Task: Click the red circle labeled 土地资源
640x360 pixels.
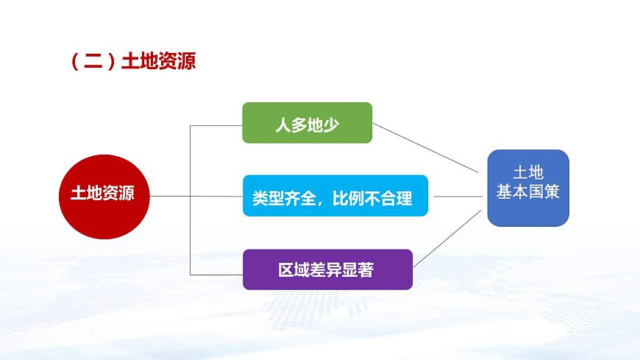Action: pyautogui.click(x=104, y=197)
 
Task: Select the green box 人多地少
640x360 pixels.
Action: pyautogui.click(x=307, y=123)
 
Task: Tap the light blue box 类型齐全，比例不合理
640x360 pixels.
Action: pyautogui.click(x=335, y=196)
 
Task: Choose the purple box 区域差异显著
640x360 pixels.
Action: pyautogui.click(x=328, y=269)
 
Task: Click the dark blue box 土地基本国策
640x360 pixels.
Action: pyautogui.click(x=528, y=188)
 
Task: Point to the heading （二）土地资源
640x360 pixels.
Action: pyautogui.click(x=132, y=61)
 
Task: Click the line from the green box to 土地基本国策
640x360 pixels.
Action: pyautogui.click(x=425, y=148)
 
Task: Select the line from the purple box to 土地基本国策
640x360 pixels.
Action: pyautogui.click(x=447, y=239)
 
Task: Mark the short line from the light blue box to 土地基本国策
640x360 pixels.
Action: pyautogui.click(x=458, y=197)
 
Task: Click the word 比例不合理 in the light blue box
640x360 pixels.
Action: pyautogui.click(x=372, y=199)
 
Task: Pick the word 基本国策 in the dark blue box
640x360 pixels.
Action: pyautogui.click(x=527, y=191)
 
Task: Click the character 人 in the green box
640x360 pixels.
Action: pyautogui.click(x=283, y=125)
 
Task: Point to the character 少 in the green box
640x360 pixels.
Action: pyautogui.click(x=331, y=125)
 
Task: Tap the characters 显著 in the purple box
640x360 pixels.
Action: pyautogui.click(x=358, y=269)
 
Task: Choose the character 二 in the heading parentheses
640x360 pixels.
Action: pyautogui.click(x=93, y=61)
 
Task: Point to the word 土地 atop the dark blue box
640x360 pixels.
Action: pyautogui.click(x=528, y=172)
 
